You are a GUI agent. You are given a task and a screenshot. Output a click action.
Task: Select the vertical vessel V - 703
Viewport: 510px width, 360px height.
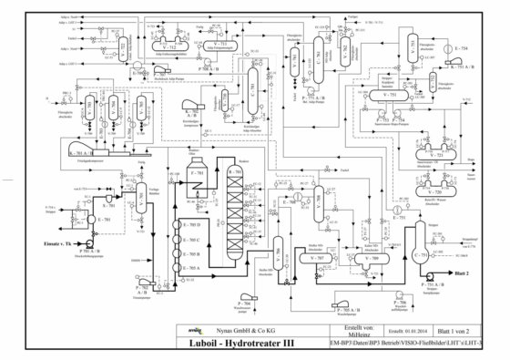pos(142,193)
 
